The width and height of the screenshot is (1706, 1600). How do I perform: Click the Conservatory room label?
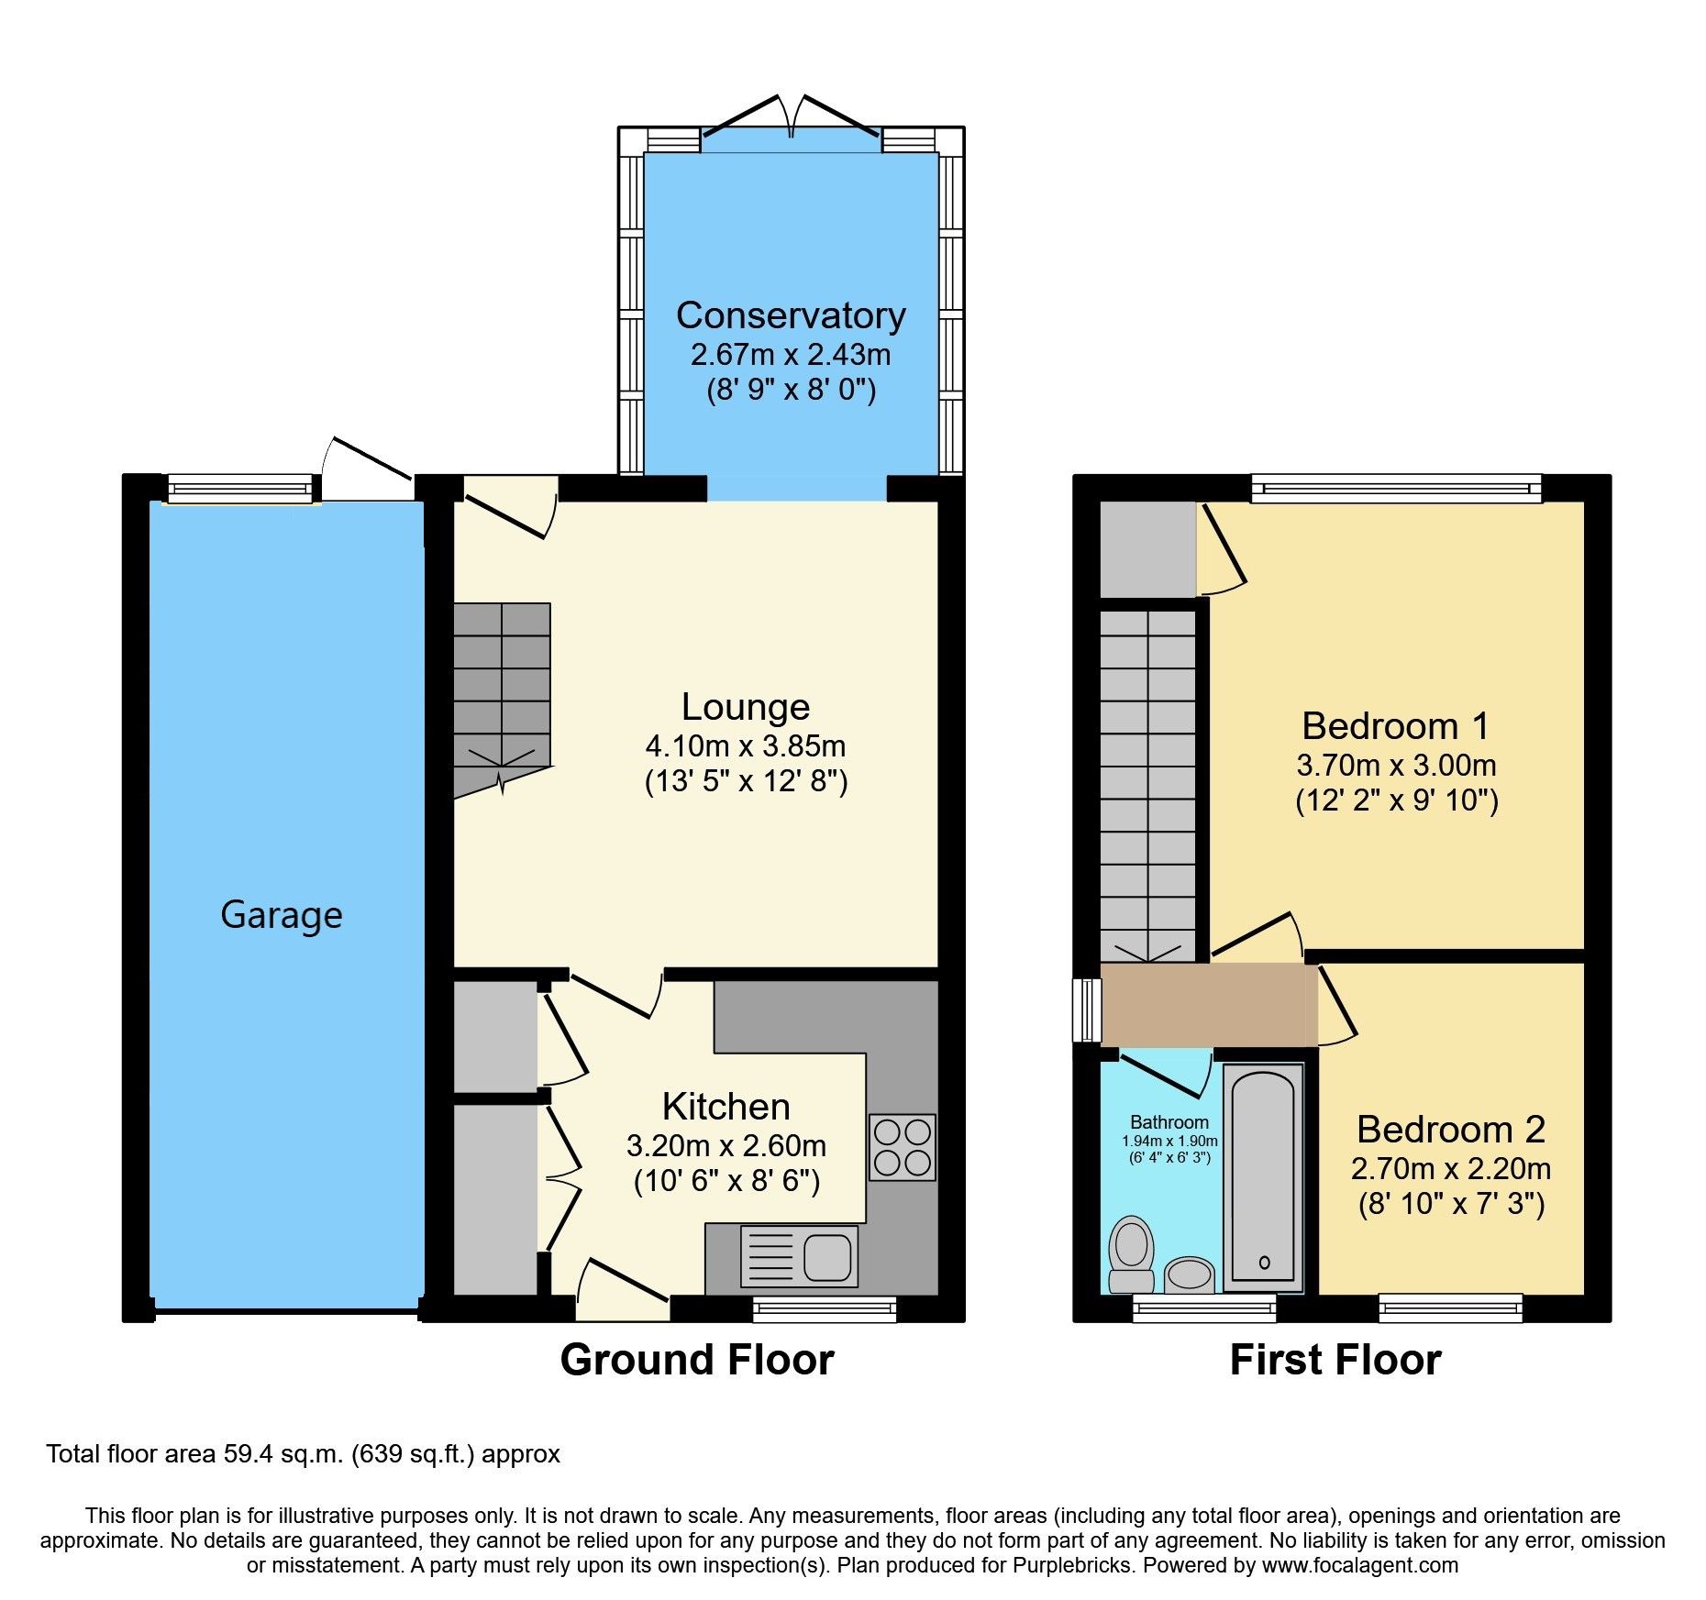click(791, 315)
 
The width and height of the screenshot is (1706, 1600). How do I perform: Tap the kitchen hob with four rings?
click(903, 1146)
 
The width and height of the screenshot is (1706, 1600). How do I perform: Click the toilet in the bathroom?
click(1131, 1255)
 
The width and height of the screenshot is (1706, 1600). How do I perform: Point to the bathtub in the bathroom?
click(1263, 1178)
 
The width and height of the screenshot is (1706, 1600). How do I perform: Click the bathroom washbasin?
click(1189, 1274)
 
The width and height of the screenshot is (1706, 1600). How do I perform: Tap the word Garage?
click(282, 915)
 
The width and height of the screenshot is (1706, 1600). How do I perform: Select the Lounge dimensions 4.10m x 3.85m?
click(745, 745)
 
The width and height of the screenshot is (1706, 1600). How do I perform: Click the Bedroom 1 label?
click(1395, 726)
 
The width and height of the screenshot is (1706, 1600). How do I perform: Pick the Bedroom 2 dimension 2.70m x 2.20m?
click(1451, 1169)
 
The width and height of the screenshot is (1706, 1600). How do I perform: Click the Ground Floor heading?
click(697, 1360)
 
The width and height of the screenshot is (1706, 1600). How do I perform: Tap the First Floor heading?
click(1335, 1360)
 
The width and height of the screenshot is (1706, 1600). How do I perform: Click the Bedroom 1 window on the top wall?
click(1396, 488)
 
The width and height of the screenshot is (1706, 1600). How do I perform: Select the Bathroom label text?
click(1169, 1122)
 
